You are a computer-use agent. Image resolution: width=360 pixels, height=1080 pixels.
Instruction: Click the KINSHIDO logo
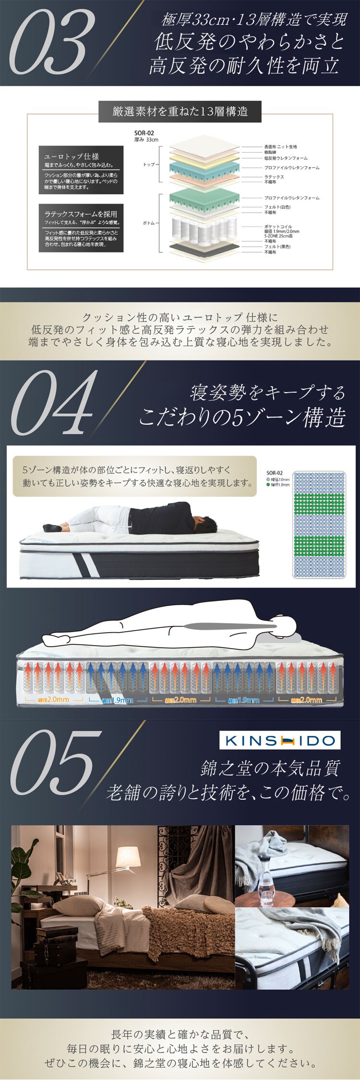pos(280,741)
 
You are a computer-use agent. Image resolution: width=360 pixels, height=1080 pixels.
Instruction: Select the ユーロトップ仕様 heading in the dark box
pos(72,156)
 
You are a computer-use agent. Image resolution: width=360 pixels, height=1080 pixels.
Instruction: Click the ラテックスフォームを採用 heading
pos(81,214)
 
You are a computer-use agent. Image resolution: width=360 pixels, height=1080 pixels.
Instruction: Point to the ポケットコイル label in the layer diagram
pos(278,227)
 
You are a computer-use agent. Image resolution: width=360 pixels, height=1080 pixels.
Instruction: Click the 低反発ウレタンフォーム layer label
pos(286,158)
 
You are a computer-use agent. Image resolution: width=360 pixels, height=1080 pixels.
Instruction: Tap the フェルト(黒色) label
pos(277,247)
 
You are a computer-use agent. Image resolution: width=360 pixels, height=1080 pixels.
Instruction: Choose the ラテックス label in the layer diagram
pos(274,177)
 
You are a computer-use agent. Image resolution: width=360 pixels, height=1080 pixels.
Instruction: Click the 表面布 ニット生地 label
pos(280,146)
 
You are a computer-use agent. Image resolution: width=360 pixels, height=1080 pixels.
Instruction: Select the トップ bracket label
pos(149,164)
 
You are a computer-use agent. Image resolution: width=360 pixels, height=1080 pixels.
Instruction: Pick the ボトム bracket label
pos(149,223)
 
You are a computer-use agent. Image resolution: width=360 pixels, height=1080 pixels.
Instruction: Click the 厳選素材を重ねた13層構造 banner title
pos(180,112)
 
